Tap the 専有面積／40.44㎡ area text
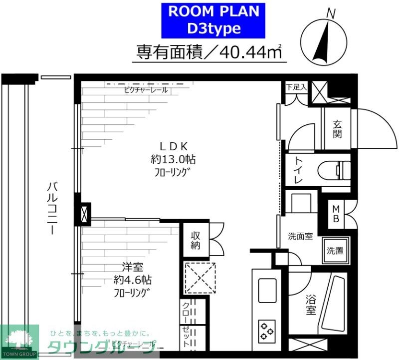coord(209,51)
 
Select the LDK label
coord(173,146)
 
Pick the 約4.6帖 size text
coord(131,280)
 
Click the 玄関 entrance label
coord(337,128)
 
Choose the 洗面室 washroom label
coord(300,236)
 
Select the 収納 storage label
coord(195,240)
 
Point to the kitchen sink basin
coord(267,290)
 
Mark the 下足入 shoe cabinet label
coord(296,87)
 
